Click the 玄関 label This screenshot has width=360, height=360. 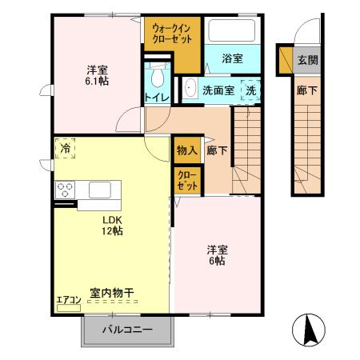(306, 59)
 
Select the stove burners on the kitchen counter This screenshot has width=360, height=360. (65, 190)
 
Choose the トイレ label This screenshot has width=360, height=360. (156, 98)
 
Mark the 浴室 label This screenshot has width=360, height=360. (232, 59)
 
